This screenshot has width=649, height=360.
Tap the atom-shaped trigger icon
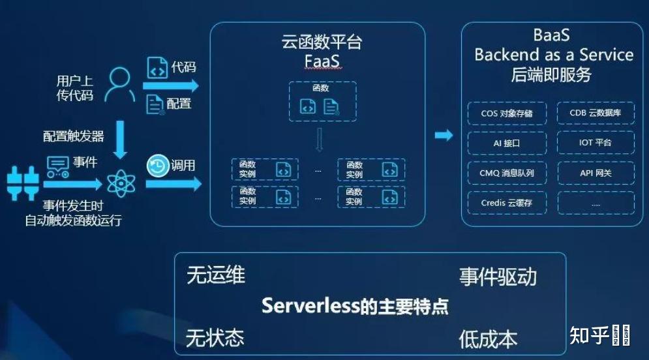tap(121, 183)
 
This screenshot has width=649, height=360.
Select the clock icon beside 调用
tap(157, 166)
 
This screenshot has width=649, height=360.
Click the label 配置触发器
tap(74, 136)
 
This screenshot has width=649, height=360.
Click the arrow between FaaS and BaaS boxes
tap(444, 135)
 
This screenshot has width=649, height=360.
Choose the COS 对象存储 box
tap(506, 113)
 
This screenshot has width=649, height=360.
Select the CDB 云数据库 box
tap(595, 113)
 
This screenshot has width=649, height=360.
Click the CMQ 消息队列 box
tap(506, 173)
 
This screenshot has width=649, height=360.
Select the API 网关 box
tap(595, 173)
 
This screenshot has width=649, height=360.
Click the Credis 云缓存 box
tap(506, 203)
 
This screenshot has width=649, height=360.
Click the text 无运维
tap(216, 275)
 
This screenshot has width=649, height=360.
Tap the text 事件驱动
tap(498, 277)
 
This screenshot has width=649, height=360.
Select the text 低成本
tap(488, 338)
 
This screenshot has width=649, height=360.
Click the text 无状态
tap(215, 338)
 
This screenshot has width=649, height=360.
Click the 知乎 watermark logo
tap(590, 335)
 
